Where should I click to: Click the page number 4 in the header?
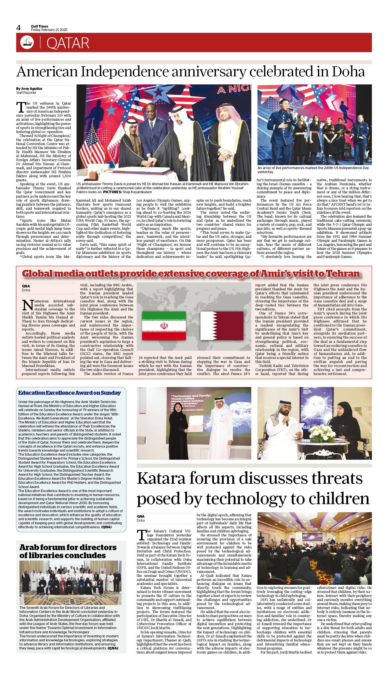19,28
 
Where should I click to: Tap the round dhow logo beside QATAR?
27,42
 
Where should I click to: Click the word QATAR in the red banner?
68,43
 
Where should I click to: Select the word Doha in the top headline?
348,71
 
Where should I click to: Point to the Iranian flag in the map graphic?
164,326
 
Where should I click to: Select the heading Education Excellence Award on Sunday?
70,393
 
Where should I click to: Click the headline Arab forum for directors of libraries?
68,551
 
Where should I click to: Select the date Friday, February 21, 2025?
49,30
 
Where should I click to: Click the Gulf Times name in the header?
40,26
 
